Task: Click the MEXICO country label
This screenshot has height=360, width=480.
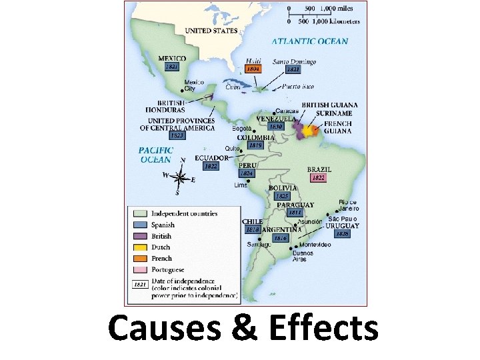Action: click(x=172, y=59)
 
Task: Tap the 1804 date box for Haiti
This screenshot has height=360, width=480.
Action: click(x=253, y=69)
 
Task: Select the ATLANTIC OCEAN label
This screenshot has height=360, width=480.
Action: click(x=310, y=41)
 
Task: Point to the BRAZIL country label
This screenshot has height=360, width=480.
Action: click(x=319, y=169)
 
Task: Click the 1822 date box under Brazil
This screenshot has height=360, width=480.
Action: click(x=319, y=178)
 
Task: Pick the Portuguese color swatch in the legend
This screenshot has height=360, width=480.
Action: click(x=139, y=269)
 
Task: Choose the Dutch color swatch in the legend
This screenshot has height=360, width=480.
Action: click(x=139, y=247)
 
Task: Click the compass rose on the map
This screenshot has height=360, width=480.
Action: click(x=180, y=177)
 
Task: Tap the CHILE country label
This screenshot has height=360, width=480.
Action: click(x=253, y=221)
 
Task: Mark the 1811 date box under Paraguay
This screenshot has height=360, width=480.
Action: click(x=295, y=213)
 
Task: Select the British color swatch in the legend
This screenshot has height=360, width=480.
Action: click(x=139, y=236)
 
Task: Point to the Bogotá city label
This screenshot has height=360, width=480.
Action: click(x=243, y=128)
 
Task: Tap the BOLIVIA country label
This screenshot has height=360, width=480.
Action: click(x=283, y=188)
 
